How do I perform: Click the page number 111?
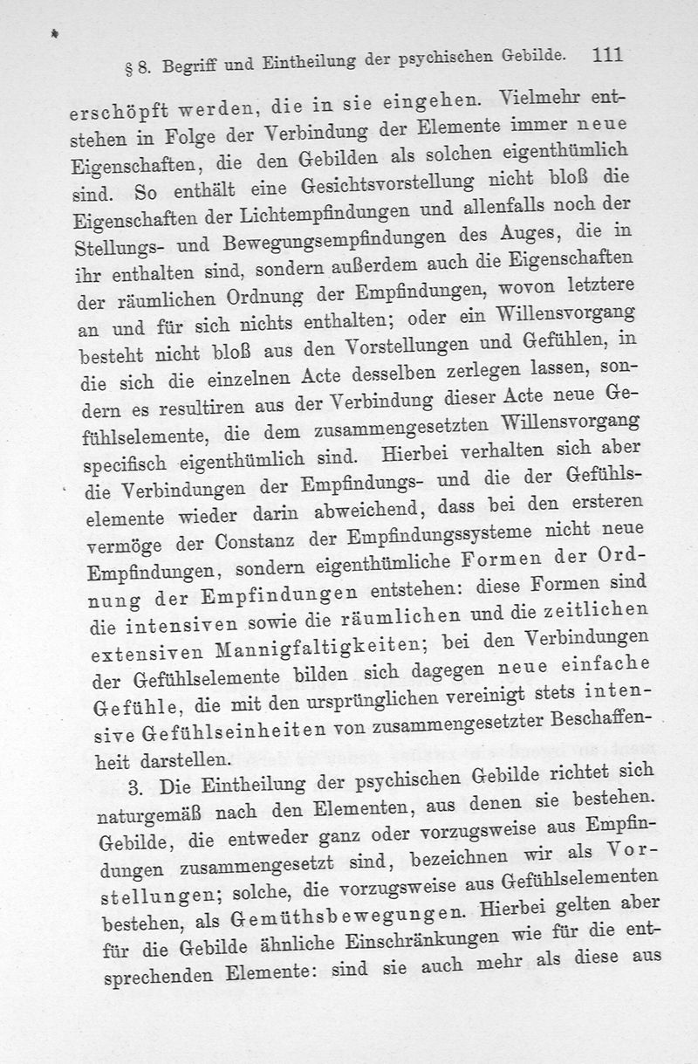tap(606, 56)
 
